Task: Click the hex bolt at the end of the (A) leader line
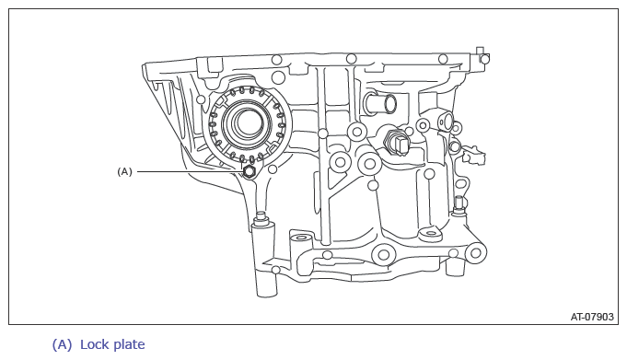(x=250, y=171)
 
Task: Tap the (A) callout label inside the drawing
(x=124, y=171)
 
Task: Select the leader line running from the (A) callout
(x=191, y=171)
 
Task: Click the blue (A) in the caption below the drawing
(x=62, y=344)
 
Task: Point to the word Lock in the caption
(x=95, y=344)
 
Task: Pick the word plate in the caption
(x=129, y=345)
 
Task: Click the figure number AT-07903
(x=592, y=317)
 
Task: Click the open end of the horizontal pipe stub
(x=389, y=104)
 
